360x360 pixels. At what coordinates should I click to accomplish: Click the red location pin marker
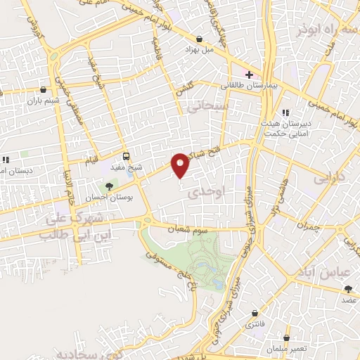pyautogui.click(x=181, y=164)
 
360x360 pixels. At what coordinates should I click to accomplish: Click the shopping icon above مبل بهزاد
pyautogui.click(x=200, y=39)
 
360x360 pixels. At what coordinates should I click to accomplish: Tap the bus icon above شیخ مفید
pyautogui.click(x=127, y=156)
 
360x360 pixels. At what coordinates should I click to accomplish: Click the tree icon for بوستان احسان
pyautogui.click(x=108, y=186)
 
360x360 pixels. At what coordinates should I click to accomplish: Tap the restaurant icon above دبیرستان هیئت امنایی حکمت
pyautogui.click(x=285, y=112)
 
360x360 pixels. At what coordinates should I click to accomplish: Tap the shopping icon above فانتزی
pyautogui.click(x=252, y=313)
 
